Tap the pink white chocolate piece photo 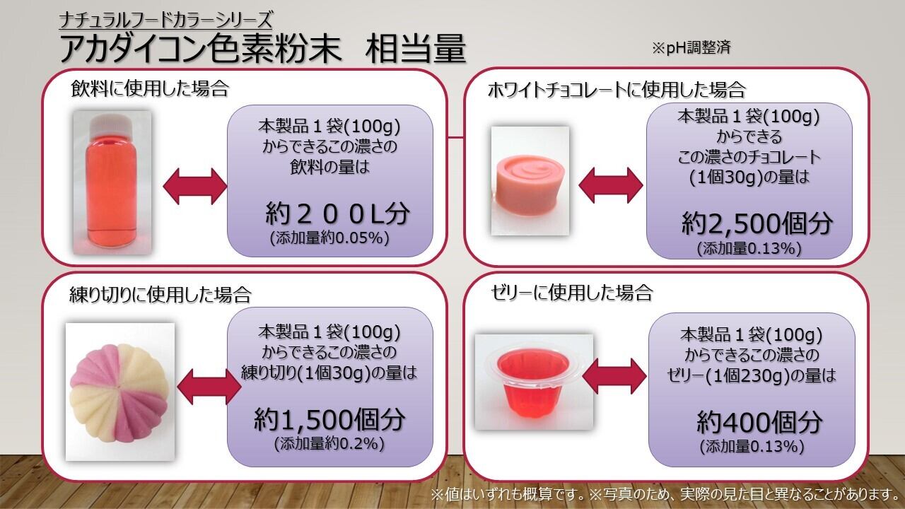[x=530, y=180]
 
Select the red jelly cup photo [x=534, y=382]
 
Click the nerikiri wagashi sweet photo [x=120, y=392]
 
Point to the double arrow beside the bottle [x=195, y=187]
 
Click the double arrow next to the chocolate [x=611, y=185]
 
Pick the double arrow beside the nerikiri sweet [x=209, y=387]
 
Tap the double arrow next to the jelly [x=614, y=376]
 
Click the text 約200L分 [x=337, y=213]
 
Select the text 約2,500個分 [x=757, y=223]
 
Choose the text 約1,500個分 [x=329, y=420]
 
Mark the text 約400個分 [x=759, y=423]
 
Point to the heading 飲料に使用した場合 [x=149, y=88]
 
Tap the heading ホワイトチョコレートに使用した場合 [x=617, y=90]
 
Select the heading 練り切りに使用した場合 [x=160, y=295]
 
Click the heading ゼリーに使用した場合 [x=572, y=293]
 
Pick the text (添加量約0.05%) [x=329, y=238]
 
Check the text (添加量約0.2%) [x=329, y=444]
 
